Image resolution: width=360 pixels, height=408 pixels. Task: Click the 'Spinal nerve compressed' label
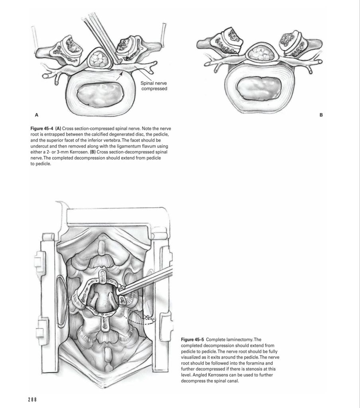[154, 86]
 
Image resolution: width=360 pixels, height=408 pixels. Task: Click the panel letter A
[37, 115]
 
